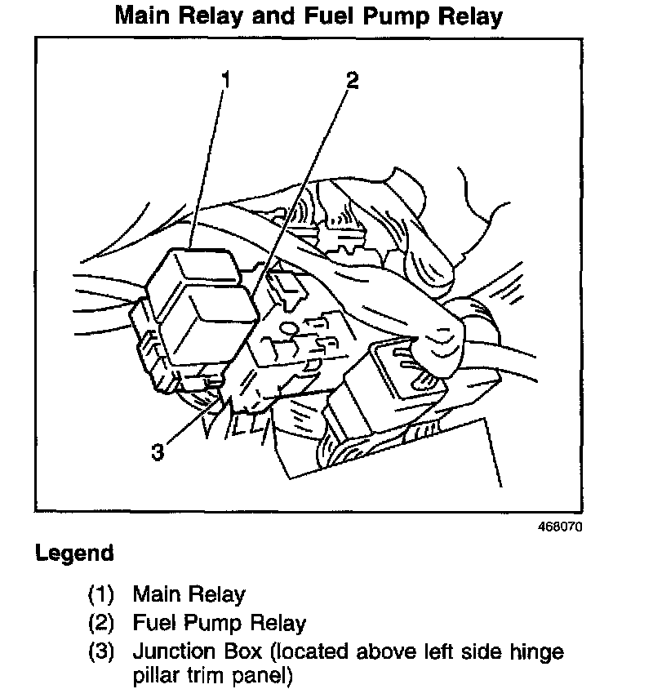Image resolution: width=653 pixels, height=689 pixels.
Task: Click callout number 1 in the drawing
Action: pyautogui.click(x=226, y=79)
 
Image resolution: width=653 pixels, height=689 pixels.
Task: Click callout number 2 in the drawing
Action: pyautogui.click(x=352, y=80)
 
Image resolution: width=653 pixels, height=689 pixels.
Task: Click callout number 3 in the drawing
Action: pyautogui.click(x=158, y=451)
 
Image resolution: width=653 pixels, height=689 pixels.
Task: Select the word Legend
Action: pyautogui.click(x=74, y=553)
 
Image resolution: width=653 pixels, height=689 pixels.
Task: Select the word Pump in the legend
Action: pyautogui.click(x=212, y=625)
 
